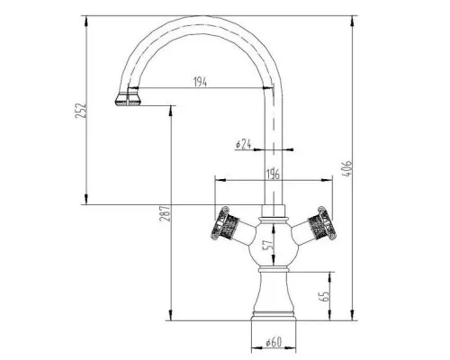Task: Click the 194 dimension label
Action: click(x=200, y=82)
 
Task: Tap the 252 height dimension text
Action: click(x=81, y=111)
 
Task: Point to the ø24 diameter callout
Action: click(x=243, y=144)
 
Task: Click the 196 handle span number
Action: click(x=273, y=175)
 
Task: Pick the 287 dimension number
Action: click(x=165, y=213)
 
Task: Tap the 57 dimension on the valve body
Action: click(x=268, y=244)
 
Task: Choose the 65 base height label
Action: click(x=324, y=296)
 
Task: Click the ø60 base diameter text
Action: click(x=274, y=342)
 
